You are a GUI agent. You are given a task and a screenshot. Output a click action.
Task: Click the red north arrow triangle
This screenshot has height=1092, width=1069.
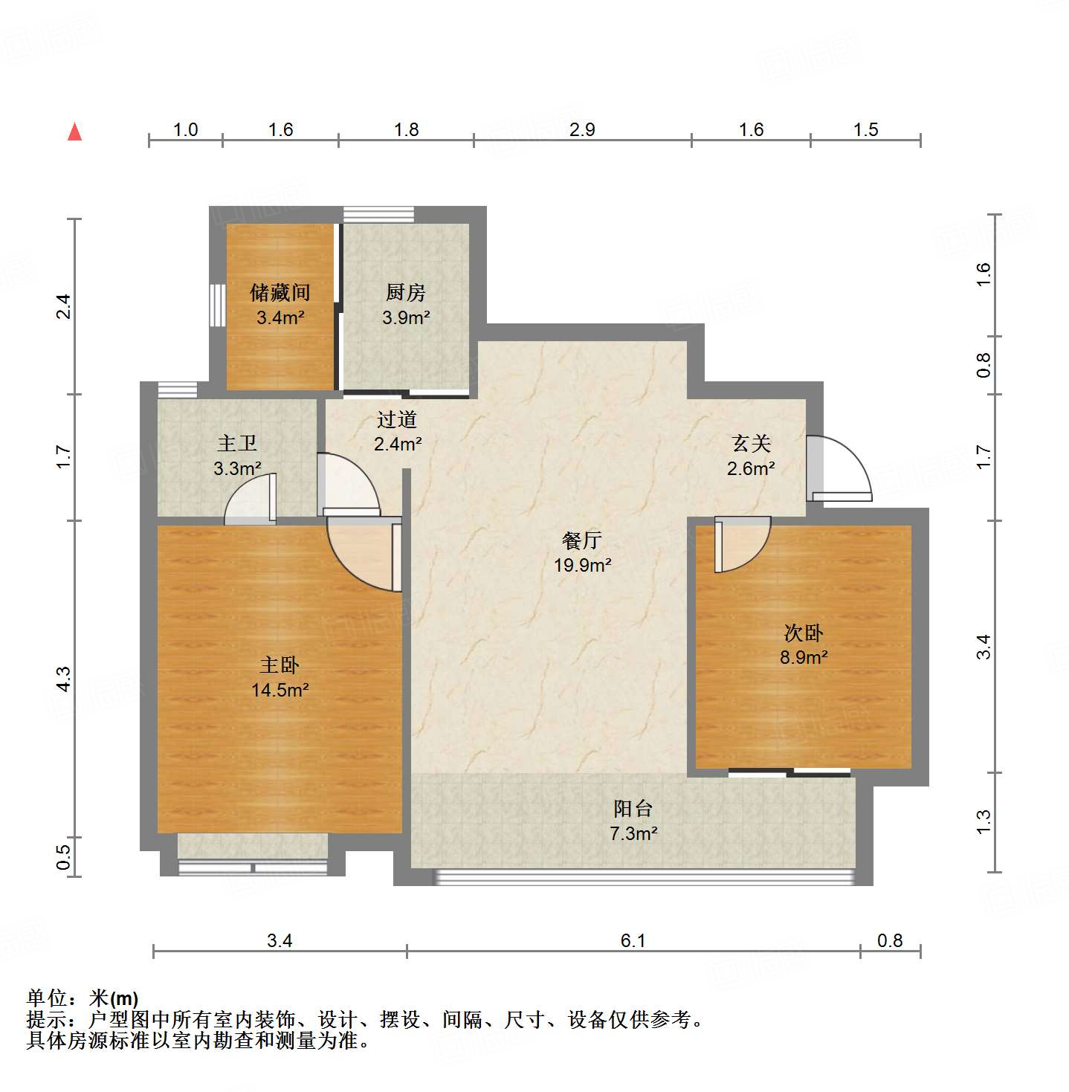point(74,132)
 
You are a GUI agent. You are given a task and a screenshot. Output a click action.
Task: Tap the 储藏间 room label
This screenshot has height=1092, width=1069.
point(280,292)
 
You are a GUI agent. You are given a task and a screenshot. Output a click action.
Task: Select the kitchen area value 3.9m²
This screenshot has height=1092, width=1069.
point(406,318)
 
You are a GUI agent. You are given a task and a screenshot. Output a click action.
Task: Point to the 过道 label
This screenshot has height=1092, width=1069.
point(396,420)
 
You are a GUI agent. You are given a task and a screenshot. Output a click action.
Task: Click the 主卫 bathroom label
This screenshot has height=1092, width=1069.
point(237,444)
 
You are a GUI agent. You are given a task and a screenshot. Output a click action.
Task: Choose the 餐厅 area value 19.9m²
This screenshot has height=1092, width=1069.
point(582,566)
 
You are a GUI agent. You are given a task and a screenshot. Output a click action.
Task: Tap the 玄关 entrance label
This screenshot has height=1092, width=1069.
point(751,444)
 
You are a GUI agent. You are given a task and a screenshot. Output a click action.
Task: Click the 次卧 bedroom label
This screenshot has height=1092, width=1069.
point(804,633)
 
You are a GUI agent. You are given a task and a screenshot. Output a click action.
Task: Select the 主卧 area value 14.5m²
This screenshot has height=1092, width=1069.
point(280,691)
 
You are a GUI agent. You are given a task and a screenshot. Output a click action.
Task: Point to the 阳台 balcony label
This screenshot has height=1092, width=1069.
point(633,809)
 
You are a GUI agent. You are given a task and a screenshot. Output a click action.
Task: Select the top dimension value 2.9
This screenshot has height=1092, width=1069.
point(582,129)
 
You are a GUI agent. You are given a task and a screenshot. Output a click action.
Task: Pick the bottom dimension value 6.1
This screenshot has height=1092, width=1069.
point(633,940)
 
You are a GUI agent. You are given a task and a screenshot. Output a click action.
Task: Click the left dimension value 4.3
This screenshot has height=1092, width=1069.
point(64,679)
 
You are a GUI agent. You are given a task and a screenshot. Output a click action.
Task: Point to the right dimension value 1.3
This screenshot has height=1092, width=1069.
point(983,821)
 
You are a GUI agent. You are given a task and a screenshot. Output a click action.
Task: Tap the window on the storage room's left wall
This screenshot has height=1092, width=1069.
point(216,305)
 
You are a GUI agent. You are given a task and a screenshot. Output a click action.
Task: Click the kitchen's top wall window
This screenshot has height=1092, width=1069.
point(378,214)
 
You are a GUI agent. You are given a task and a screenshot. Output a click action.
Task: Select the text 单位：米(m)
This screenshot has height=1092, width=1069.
point(83,998)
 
